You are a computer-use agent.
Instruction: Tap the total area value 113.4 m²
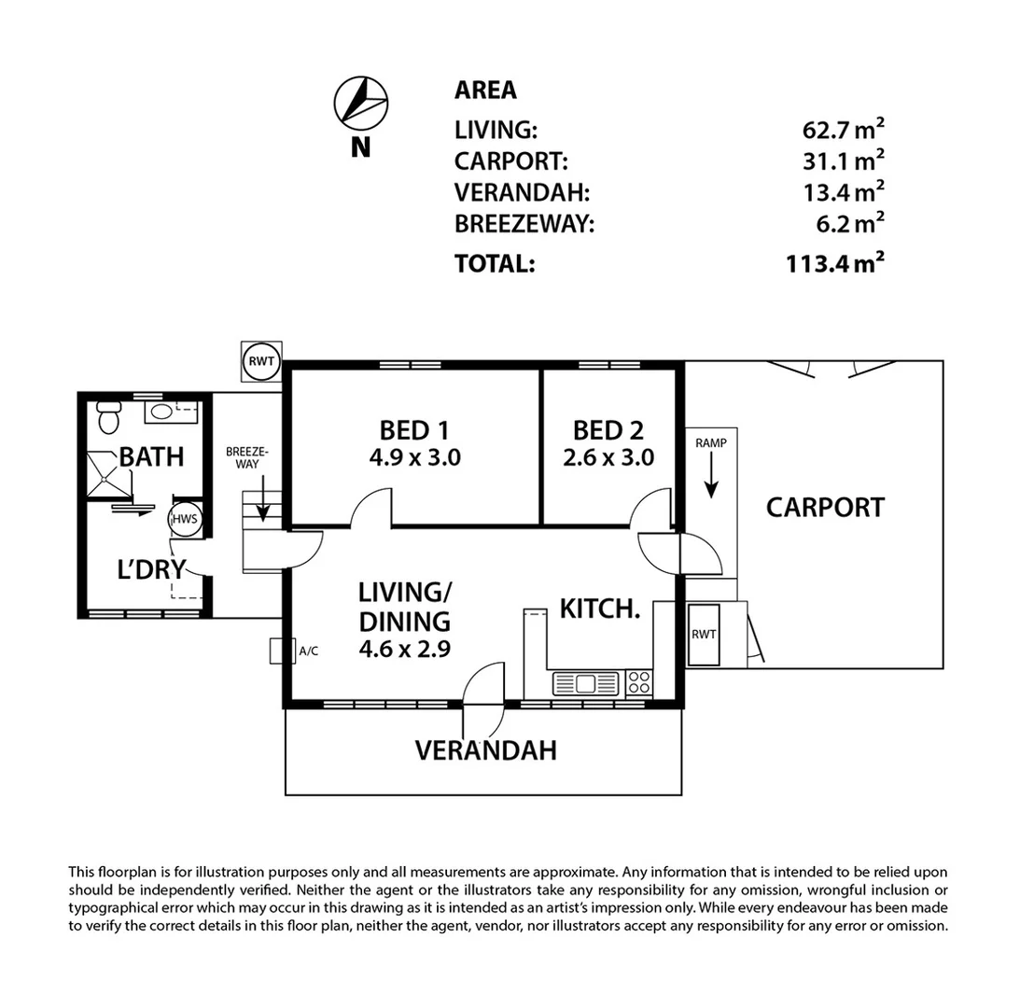pyautogui.click(x=834, y=264)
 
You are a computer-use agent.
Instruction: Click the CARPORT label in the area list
pyautogui.click(x=510, y=162)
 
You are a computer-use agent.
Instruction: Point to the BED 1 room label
pyautogui.click(x=414, y=430)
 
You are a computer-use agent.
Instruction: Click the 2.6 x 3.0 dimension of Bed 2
pyautogui.click(x=608, y=458)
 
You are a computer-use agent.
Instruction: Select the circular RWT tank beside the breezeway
pyautogui.click(x=261, y=361)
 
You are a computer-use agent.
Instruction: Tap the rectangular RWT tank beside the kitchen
pyautogui.click(x=704, y=635)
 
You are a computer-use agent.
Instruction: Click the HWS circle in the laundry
pyautogui.click(x=185, y=521)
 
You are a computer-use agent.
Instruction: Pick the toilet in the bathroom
pyautogui.click(x=108, y=419)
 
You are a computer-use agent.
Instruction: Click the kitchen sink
pyautogui.click(x=585, y=683)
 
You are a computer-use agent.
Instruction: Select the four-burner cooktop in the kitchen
pyautogui.click(x=638, y=682)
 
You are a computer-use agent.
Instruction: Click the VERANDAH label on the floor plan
pyautogui.click(x=485, y=749)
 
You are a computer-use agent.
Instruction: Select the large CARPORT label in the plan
pyautogui.click(x=825, y=508)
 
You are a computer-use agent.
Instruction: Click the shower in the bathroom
pyautogui.click(x=110, y=477)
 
